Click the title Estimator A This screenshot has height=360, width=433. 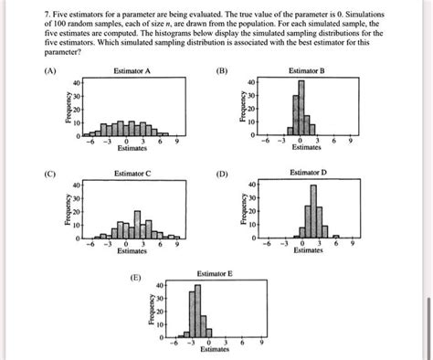132,70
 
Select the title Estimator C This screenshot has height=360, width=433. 132,173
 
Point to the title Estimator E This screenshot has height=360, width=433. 216,273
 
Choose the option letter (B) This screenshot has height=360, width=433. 223,70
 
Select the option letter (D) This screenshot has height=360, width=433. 223,173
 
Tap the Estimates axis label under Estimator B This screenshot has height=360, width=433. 307,146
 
